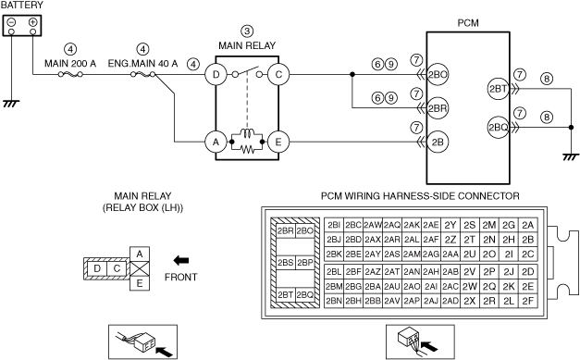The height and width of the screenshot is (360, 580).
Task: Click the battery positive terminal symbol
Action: click(x=33, y=22)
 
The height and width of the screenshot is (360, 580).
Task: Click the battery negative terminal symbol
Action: click(x=11, y=22)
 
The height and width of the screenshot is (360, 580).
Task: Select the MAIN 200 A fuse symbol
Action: click(x=70, y=75)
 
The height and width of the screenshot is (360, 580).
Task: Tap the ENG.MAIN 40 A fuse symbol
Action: click(x=143, y=75)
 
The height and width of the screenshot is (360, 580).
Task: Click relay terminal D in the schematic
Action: click(x=216, y=75)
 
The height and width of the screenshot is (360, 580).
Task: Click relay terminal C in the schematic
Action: click(x=278, y=75)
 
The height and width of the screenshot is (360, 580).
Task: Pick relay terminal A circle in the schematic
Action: click(x=216, y=142)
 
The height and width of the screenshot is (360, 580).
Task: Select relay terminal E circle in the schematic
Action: click(x=278, y=142)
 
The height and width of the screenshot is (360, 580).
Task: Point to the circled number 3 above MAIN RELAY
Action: click(x=247, y=31)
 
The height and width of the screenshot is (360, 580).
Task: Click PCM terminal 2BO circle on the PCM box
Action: click(x=438, y=75)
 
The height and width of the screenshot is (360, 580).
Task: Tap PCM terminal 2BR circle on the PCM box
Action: click(x=438, y=108)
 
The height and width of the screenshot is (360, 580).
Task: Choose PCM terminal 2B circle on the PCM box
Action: click(x=438, y=143)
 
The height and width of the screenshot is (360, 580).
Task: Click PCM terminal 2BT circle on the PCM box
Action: click(x=499, y=89)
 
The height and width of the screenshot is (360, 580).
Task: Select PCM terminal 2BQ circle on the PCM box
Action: click(x=499, y=128)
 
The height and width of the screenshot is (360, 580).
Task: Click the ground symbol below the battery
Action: click(x=11, y=104)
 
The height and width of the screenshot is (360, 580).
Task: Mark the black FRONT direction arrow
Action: click(x=181, y=260)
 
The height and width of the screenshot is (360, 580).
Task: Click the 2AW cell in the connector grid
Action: click(x=373, y=225)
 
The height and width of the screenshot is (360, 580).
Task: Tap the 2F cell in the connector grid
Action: click(x=528, y=301)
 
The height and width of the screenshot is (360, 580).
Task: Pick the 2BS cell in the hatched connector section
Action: click(x=286, y=263)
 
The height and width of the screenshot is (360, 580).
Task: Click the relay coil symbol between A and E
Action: click(x=247, y=134)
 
